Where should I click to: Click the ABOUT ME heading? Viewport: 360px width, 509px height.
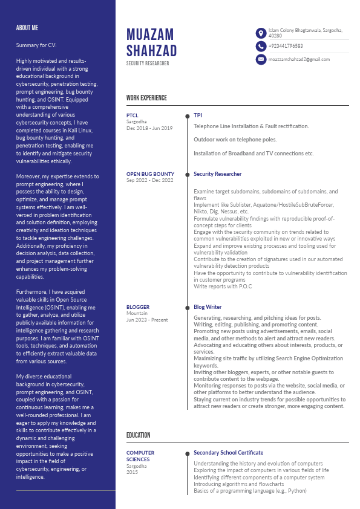[x=27, y=28]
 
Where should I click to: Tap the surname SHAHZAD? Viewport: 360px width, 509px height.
[x=151, y=51]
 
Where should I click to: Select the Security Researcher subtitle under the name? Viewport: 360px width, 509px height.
[x=148, y=63]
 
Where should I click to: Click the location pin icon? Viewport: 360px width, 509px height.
[x=261, y=33]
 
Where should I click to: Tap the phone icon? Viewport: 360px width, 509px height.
[x=261, y=46]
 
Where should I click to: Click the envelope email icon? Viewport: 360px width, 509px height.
[x=261, y=59]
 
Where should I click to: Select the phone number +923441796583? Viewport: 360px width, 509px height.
[x=286, y=46]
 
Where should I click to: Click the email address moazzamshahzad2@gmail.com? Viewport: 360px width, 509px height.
[x=299, y=59]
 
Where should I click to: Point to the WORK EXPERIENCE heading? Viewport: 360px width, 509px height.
[x=146, y=98]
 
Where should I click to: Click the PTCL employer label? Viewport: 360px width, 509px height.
[x=133, y=115]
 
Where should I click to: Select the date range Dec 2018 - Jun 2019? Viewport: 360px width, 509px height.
[x=149, y=128]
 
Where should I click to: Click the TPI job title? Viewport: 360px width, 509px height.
[x=198, y=115]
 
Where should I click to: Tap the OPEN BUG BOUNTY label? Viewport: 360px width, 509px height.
[x=150, y=174]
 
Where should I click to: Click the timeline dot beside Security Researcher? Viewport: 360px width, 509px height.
[x=187, y=174]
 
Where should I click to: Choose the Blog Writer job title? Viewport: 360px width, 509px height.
[x=208, y=307]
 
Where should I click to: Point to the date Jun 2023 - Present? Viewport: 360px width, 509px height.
[x=147, y=320]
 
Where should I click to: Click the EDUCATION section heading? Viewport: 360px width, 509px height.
[x=138, y=435]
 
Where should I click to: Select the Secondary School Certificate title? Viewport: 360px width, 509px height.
[x=228, y=453]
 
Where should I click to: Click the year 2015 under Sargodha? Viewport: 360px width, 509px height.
[x=132, y=472]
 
